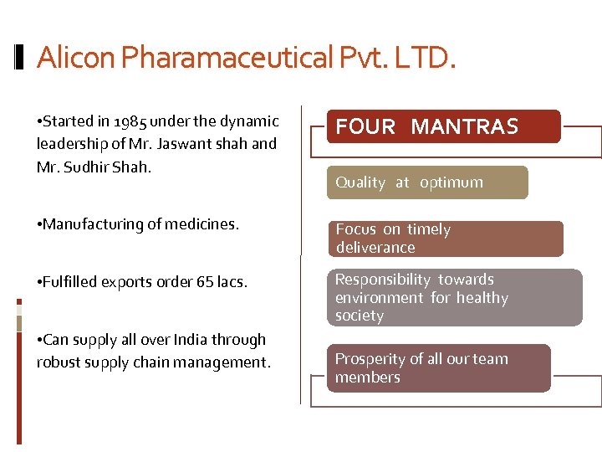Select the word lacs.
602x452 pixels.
[x=232, y=282]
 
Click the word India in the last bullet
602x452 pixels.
[x=189, y=340]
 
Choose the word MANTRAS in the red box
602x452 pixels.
[x=465, y=127]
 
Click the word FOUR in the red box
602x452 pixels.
[x=365, y=127]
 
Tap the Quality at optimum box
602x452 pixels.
[x=426, y=182]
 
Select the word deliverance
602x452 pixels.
[x=375, y=248]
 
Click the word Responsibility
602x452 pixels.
[x=384, y=280]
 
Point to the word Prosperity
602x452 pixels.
[x=370, y=359]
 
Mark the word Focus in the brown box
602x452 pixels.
[x=356, y=229]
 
